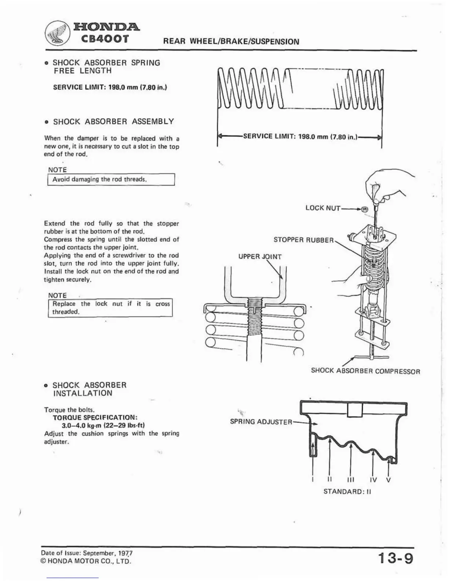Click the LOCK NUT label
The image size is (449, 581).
click(x=323, y=208)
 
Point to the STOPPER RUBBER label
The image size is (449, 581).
click(x=303, y=240)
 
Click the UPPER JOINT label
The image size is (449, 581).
click(x=260, y=256)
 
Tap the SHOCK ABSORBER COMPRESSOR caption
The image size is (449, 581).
click(x=365, y=371)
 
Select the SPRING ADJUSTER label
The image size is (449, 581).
click(x=261, y=422)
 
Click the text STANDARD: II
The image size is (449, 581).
click(x=347, y=492)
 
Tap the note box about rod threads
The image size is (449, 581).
click(x=111, y=180)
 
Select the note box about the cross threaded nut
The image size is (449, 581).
click(x=110, y=308)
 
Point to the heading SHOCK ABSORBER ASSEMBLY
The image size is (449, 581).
click(x=113, y=122)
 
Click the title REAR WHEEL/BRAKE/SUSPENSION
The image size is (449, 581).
click(x=231, y=41)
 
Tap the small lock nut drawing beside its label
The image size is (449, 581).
click(x=364, y=209)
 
